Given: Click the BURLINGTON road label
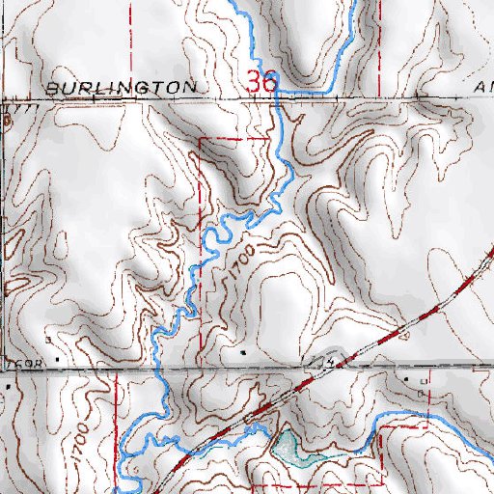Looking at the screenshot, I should coord(121,87).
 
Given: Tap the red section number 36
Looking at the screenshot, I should coord(261,83).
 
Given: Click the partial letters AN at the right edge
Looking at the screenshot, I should coord(483,87).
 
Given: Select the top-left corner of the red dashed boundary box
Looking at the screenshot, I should coord(199,140).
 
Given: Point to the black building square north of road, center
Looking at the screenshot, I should coord(243,354).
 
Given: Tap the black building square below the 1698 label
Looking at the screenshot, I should coord(10,384).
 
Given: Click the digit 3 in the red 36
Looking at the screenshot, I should coord(254,83).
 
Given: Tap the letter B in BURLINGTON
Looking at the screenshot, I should coord(51,87).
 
